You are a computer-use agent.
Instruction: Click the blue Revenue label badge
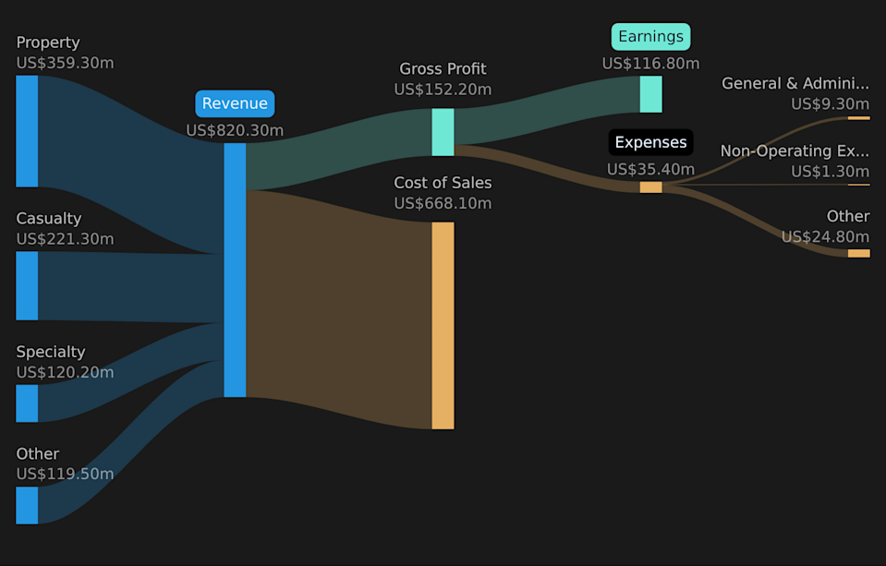pos(235,103)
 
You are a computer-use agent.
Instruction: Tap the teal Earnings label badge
pos(651,37)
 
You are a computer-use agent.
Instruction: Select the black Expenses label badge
pos(651,142)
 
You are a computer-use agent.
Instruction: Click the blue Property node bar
pos(27,131)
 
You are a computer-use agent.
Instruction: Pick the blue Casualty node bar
pos(27,286)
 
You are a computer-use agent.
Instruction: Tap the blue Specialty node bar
pos(27,403)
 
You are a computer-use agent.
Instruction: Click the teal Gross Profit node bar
pos(443,132)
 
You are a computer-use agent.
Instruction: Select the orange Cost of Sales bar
pos(443,325)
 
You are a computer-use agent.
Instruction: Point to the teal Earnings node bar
pos(651,94)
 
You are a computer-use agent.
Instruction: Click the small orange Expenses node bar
pos(651,187)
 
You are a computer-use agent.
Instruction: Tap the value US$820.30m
pos(235,130)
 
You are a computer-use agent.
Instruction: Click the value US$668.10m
pos(443,203)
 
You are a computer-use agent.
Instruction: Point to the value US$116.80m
pos(651,64)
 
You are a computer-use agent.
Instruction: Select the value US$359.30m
pos(65,63)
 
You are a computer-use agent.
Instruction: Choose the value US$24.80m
pos(826,236)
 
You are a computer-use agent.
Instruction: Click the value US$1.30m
pos(830,171)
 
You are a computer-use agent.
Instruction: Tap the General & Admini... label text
pos(795,84)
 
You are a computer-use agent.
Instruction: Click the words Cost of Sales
pos(443,183)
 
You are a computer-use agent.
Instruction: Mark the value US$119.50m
pos(65,474)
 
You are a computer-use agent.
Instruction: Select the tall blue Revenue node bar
pos(235,270)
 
